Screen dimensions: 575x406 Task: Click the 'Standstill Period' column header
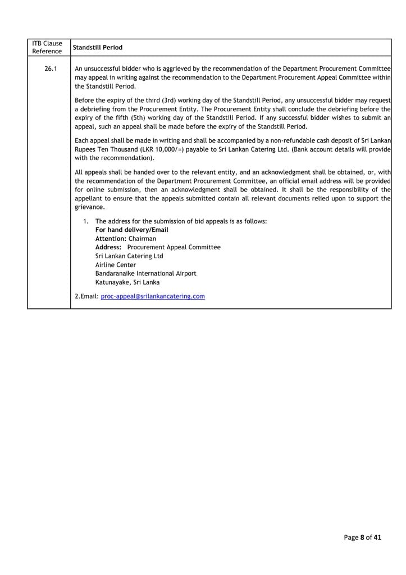pos(98,48)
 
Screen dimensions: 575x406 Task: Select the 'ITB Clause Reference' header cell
pos(47,48)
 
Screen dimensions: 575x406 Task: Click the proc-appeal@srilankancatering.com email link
pos(153,296)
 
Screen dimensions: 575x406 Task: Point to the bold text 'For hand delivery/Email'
pos(131,230)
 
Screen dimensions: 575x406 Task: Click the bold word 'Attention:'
pos(111,239)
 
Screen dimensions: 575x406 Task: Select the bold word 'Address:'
pos(109,247)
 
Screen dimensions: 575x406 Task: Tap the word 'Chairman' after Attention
pos(143,239)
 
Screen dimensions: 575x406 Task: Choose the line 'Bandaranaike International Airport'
pos(145,273)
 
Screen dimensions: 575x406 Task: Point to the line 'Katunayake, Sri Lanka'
pos(127,282)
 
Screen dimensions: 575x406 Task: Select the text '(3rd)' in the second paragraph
pos(170,100)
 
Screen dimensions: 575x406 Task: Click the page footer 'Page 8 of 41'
pos(362,537)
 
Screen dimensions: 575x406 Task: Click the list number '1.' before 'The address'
pos(86,221)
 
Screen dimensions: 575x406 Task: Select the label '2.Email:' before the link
pos(86,296)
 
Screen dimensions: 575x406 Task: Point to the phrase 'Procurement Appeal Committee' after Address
pos(174,247)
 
